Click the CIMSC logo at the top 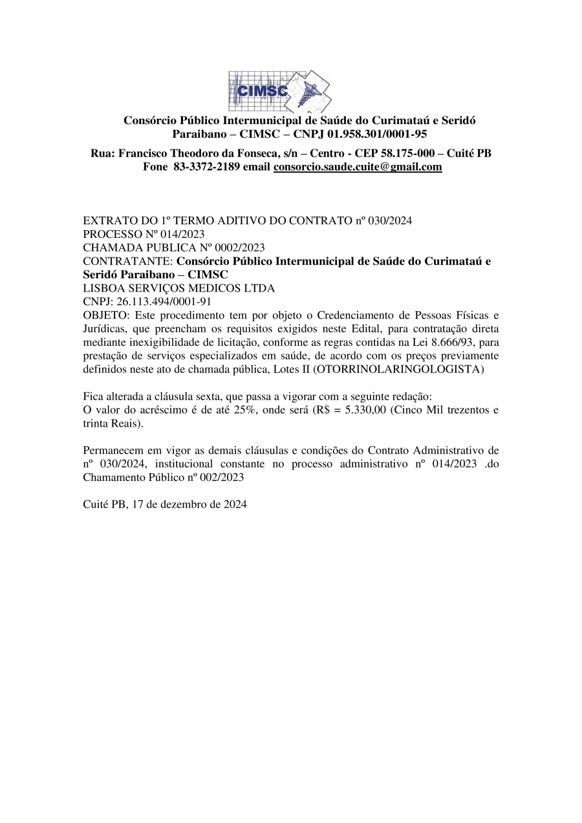(279, 91)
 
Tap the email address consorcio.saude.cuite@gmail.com (358, 167)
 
